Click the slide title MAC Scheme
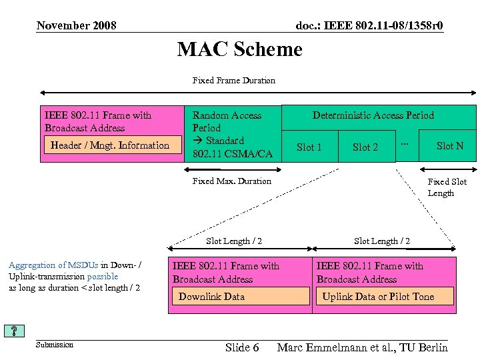pos(239,49)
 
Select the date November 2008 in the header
pos(76,26)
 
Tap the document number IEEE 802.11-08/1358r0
pos(369,26)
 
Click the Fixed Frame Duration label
pos(233,81)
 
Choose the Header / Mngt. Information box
pos(110,145)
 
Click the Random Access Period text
pos(227,121)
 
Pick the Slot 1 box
pos(309,147)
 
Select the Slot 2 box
pos(365,147)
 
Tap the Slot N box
pos(449,146)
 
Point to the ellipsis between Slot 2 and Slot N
pos(404,144)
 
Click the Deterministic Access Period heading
pos(373,115)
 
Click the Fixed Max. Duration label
pos(231,181)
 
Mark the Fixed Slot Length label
pos(447,187)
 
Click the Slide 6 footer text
pos(242,347)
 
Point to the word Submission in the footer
pos(54,345)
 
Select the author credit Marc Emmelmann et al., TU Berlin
pos(362,347)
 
